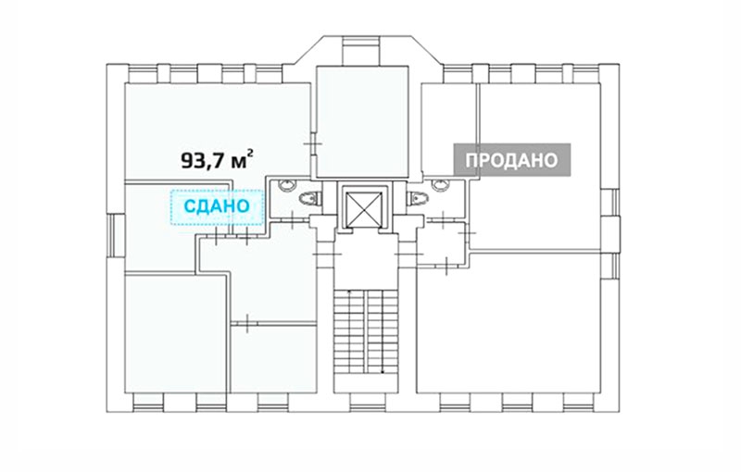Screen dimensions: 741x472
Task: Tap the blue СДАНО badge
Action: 217,206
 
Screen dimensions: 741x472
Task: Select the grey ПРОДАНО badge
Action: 512,160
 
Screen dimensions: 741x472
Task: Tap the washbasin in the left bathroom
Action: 286,185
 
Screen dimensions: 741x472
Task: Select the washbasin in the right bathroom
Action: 441,185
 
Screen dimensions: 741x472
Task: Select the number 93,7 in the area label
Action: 203,161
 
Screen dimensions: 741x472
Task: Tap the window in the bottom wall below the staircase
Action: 364,401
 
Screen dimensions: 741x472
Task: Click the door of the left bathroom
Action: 293,219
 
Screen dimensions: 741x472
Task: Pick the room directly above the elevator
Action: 362,121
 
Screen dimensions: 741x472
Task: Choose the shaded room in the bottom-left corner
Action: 174,334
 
